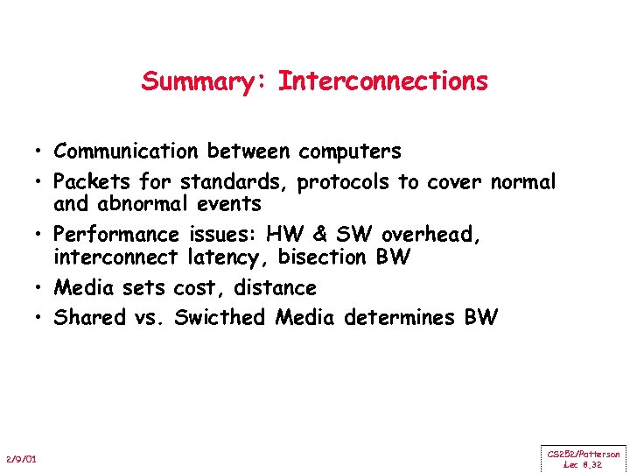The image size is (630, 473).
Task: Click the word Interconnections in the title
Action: (x=383, y=81)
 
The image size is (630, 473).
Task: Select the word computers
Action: (x=349, y=152)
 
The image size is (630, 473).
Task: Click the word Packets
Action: (x=87, y=182)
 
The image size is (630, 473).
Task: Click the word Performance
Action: (x=115, y=235)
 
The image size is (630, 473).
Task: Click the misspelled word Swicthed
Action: (x=220, y=318)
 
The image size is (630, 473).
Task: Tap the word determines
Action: (x=398, y=318)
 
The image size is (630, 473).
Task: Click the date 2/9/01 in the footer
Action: (x=20, y=460)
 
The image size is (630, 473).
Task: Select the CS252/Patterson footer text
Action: (x=584, y=454)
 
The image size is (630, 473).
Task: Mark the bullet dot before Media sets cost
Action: (x=41, y=288)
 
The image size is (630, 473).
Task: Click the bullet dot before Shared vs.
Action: (x=41, y=318)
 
